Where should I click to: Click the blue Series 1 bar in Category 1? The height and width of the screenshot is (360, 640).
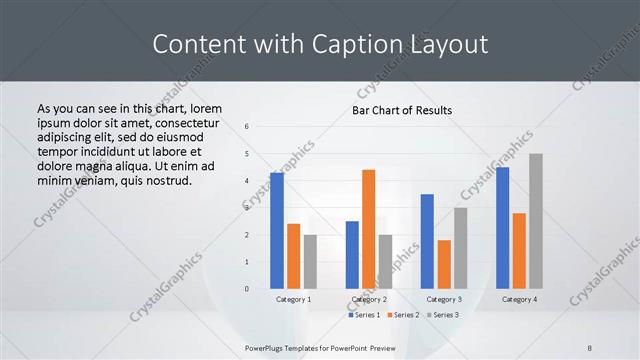(277, 231)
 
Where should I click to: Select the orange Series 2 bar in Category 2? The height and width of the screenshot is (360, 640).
(368, 229)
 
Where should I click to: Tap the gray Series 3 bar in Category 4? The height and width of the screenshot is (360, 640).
(536, 221)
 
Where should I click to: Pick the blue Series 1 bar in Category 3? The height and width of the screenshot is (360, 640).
(427, 241)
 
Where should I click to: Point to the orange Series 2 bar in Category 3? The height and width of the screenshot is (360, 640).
(444, 264)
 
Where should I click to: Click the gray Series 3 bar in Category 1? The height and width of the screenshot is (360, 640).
(310, 262)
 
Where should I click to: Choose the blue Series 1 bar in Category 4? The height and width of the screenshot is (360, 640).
(502, 228)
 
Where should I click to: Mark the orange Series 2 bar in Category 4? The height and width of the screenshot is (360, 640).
(519, 251)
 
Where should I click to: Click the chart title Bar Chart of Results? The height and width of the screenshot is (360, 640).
(401, 110)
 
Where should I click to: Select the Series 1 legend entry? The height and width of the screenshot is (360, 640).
(365, 315)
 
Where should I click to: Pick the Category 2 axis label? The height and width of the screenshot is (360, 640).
(369, 300)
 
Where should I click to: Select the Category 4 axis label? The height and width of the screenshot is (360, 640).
(519, 300)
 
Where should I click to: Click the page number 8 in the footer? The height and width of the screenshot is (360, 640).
(590, 348)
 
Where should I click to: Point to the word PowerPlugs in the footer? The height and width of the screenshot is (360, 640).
(269, 348)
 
